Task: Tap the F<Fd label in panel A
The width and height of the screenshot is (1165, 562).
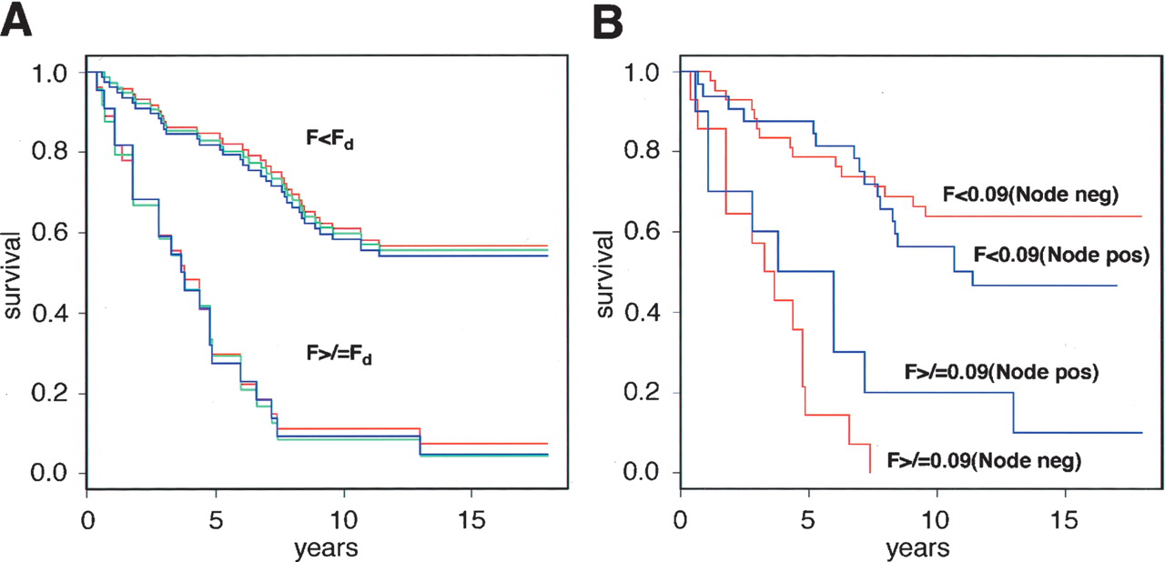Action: click(x=329, y=142)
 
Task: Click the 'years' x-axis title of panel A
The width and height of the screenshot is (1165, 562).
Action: click(x=326, y=548)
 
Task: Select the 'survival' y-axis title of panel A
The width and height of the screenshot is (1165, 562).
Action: click(x=15, y=272)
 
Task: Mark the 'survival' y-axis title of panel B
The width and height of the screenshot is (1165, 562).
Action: click(x=608, y=272)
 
